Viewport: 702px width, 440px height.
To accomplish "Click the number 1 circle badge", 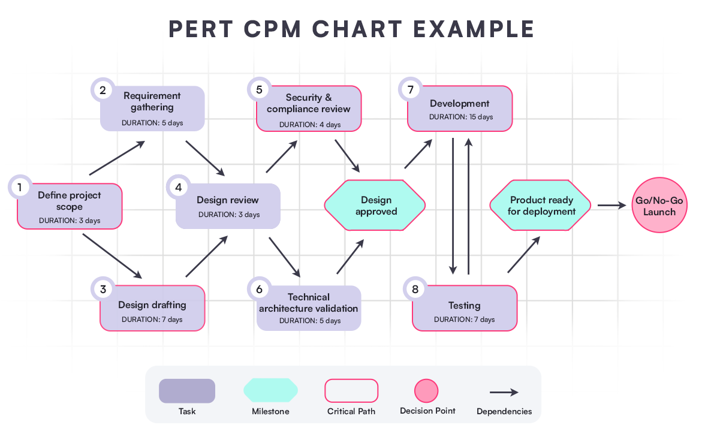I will pyautogui.click(x=20, y=188).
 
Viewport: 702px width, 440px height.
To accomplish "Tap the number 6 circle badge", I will pyautogui.click(x=259, y=289).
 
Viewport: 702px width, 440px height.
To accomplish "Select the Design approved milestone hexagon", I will pyautogui.click(x=375, y=206).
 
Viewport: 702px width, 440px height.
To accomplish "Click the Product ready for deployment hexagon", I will pyautogui.click(x=541, y=206).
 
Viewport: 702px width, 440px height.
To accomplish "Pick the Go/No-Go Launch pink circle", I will pyautogui.click(x=659, y=206).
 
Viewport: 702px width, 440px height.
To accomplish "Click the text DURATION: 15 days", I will pyautogui.click(x=461, y=117).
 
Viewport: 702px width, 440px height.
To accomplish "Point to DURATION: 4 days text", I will pyautogui.click(x=309, y=125).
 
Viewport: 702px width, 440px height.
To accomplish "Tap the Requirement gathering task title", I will pyautogui.click(x=152, y=101).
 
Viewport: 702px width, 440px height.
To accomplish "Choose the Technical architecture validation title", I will pyautogui.click(x=309, y=303).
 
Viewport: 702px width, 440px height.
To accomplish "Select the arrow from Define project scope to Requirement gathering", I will pyautogui.click(x=117, y=158).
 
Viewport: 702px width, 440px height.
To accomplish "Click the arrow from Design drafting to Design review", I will pyautogui.click(x=207, y=256).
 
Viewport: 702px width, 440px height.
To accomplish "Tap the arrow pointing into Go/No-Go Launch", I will pyautogui.click(x=611, y=206).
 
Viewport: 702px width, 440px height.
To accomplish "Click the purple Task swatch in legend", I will pyautogui.click(x=186, y=391).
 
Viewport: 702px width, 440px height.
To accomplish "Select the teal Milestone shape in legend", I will pyautogui.click(x=270, y=390).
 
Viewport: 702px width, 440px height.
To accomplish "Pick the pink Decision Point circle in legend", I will pyautogui.click(x=426, y=391).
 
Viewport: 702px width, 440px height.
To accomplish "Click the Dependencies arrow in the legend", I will pyautogui.click(x=504, y=393).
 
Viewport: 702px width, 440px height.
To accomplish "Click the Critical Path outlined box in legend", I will pyautogui.click(x=351, y=391).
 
